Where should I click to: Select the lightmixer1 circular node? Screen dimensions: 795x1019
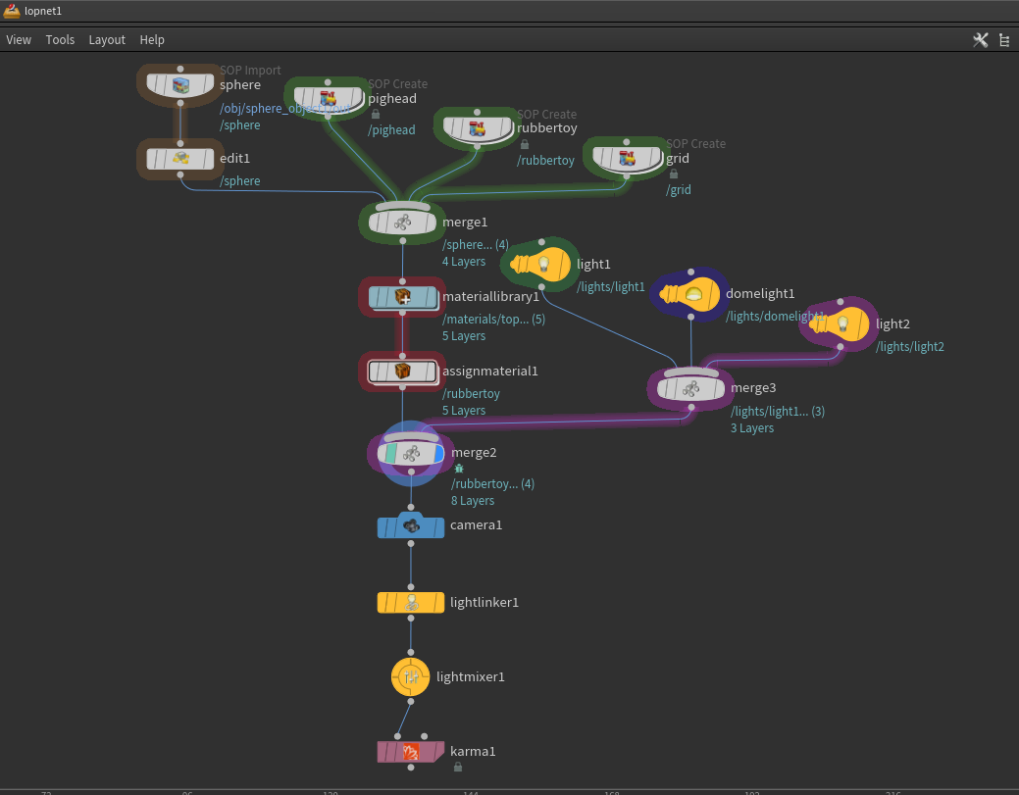tap(411, 676)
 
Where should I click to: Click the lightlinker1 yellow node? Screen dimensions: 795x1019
tap(411, 602)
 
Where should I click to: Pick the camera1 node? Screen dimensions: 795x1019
tap(411, 526)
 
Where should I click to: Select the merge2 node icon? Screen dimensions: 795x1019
tap(411, 453)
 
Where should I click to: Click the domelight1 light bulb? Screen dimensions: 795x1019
tap(691, 294)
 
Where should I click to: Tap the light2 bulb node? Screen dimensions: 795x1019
tap(841, 323)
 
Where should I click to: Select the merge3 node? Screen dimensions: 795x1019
tap(690, 388)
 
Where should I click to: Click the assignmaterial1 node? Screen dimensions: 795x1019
tap(402, 372)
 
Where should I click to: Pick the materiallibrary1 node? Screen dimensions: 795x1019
tap(402, 296)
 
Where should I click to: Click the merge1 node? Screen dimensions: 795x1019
tap(402, 223)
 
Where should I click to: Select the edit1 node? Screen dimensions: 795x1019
tap(180, 158)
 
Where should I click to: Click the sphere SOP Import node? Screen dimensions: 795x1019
tap(180, 85)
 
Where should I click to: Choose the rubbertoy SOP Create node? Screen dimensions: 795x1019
tap(478, 128)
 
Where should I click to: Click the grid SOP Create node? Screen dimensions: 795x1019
tap(628, 158)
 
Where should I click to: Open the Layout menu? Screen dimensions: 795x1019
tap(107, 40)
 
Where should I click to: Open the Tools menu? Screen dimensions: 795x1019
tap(60, 40)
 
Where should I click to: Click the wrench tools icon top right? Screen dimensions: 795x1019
tap(980, 40)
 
